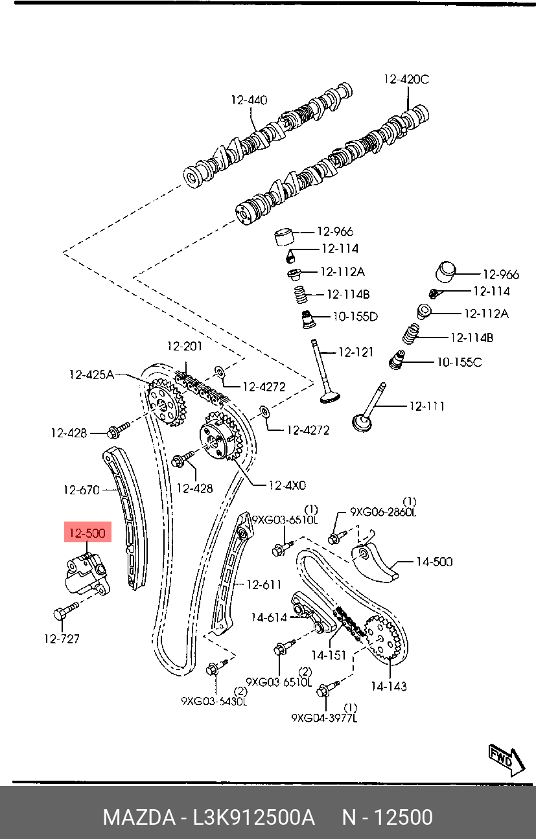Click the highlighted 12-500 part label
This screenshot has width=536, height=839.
pos(87,533)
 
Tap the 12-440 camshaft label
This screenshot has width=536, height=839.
pos(249,100)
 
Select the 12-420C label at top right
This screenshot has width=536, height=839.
pos(406,80)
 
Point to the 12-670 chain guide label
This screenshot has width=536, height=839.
pos(82,490)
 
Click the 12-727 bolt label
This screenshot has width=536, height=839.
pos(62,639)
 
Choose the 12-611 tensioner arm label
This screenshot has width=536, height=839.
pos(264,584)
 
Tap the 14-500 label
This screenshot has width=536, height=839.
pos(434,562)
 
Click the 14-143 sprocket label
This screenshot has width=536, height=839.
pos(389,685)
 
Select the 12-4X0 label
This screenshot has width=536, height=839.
pos(288,484)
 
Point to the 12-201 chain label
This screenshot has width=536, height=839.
pos(185,347)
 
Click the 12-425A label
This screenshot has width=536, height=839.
pos(91,374)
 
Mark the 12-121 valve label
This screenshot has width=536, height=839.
pos(356,352)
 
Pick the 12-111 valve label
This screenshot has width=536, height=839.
pos(426,406)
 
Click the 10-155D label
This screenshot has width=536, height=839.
pos(355,317)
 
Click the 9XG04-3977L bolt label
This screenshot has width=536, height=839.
pos(324,718)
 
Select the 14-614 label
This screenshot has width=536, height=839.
pos(269,617)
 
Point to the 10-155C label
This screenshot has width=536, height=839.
pos(459,362)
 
